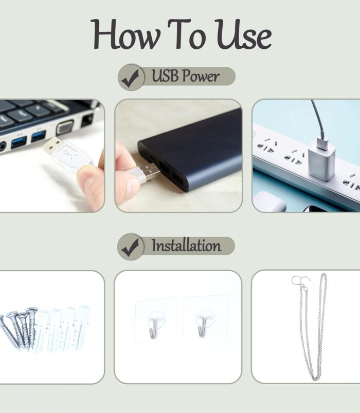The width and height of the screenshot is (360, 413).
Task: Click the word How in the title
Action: point(126,34)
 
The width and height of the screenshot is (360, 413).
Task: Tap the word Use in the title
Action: point(243,34)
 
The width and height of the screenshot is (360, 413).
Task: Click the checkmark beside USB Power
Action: point(131,78)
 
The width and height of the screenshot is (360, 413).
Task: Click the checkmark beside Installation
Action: point(131,247)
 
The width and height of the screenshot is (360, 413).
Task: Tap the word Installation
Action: point(186,246)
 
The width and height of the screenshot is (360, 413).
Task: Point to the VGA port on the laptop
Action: point(65,127)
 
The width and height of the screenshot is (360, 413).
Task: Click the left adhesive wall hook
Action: point(153,325)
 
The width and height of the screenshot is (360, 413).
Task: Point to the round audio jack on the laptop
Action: point(3,146)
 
